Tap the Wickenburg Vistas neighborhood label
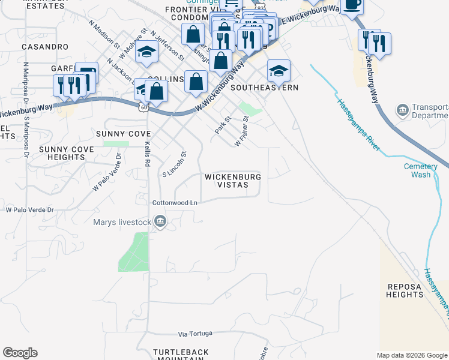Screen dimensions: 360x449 coord(232,181)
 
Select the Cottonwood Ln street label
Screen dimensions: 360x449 coord(175,203)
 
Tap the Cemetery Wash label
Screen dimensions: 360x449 coord(417,170)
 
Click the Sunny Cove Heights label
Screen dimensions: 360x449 coord(66,153)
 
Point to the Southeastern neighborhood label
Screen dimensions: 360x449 coord(264,88)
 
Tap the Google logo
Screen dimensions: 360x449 coord(20,353)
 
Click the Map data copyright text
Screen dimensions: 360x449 coord(411,355)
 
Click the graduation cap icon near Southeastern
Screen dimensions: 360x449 coord(279,71)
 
